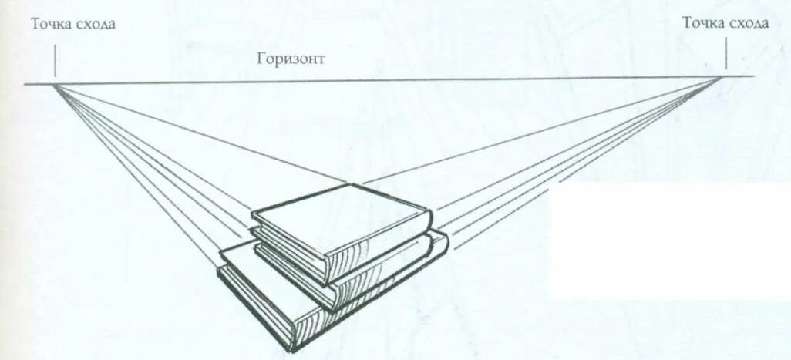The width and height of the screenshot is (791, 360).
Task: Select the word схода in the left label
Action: pos(96,24)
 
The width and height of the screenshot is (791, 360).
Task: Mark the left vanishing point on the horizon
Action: pos(56,82)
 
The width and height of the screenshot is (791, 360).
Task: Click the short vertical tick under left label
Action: pos(56,61)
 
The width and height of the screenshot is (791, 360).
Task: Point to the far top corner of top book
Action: pos(351,184)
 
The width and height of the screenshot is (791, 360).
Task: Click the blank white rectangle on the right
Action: pos(667,239)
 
